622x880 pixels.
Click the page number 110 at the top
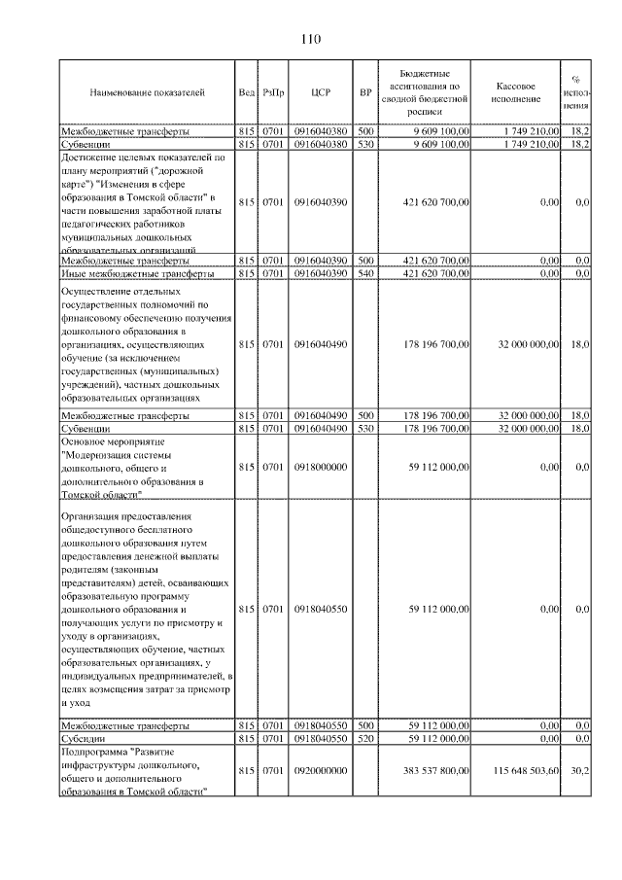pos(310,39)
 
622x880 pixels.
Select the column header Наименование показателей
pos(147,92)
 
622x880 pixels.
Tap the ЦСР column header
pos(321,92)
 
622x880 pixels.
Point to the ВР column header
pos(365,92)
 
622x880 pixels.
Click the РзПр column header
pos(272,92)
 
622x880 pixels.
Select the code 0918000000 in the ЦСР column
pos(321,467)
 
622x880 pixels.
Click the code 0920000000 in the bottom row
pos(321,770)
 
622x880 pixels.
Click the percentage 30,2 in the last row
pos(579,770)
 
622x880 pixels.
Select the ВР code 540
pos(365,274)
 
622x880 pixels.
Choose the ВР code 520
pos(365,739)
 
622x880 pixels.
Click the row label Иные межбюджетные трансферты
pos(122,274)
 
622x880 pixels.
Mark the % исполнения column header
pos(578,92)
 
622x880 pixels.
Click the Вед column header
pos(246,92)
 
